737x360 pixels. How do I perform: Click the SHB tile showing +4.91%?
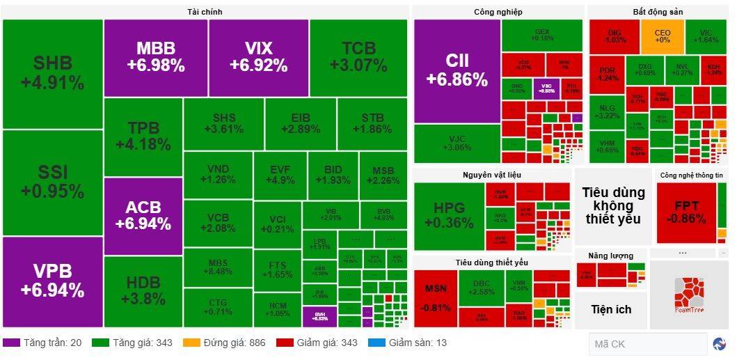(52, 73)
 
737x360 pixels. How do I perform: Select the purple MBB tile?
(155, 57)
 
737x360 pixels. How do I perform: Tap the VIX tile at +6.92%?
(258, 57)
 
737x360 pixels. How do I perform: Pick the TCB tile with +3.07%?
(358, 57)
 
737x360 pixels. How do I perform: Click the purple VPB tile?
(52, 281)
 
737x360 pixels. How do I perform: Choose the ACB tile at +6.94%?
(143, 215)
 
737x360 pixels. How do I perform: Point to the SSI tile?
(52, 182)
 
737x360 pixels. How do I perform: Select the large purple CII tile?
(457, 70)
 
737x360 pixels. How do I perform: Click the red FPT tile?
(686, 212)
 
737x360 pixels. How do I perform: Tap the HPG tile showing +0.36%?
(448, 215)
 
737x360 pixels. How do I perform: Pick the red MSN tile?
(436, 297)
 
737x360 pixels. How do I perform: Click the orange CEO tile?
(662, 36)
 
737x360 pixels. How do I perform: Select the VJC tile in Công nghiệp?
(457, 143)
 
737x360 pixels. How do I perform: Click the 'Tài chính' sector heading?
(205, 12)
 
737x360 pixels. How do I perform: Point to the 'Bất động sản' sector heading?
(657, 12)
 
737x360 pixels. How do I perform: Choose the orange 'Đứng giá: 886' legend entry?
(226, 343)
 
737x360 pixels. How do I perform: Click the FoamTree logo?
(689, 295)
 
